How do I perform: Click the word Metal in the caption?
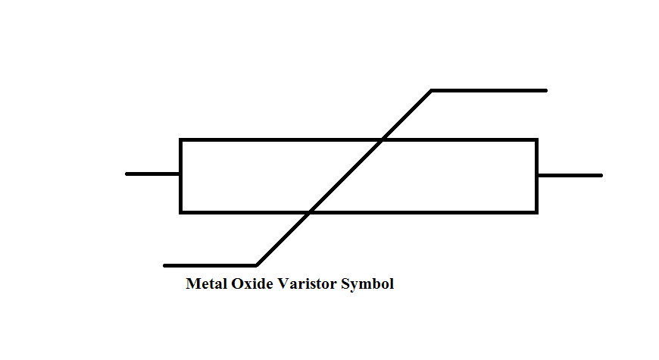[204, 285]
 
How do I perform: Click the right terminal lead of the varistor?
[570, 175]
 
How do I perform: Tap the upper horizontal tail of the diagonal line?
[489, 90]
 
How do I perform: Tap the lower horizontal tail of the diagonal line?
[211, 265]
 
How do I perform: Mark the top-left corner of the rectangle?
[181, 140]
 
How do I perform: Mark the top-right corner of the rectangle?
[536, 140]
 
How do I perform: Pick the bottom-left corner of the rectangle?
[181, 211]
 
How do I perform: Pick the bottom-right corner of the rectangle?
[536, 211]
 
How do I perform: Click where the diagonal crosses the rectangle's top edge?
[382, 140]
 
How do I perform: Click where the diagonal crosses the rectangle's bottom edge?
[309, 211]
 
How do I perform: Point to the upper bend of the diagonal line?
[431, 91]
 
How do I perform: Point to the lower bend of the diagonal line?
[256, 265]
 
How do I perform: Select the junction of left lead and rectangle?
[180, 174]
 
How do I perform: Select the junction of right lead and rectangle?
[537, 175]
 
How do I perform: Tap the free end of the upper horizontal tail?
[545, 90]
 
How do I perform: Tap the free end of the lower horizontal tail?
[165, 265]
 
